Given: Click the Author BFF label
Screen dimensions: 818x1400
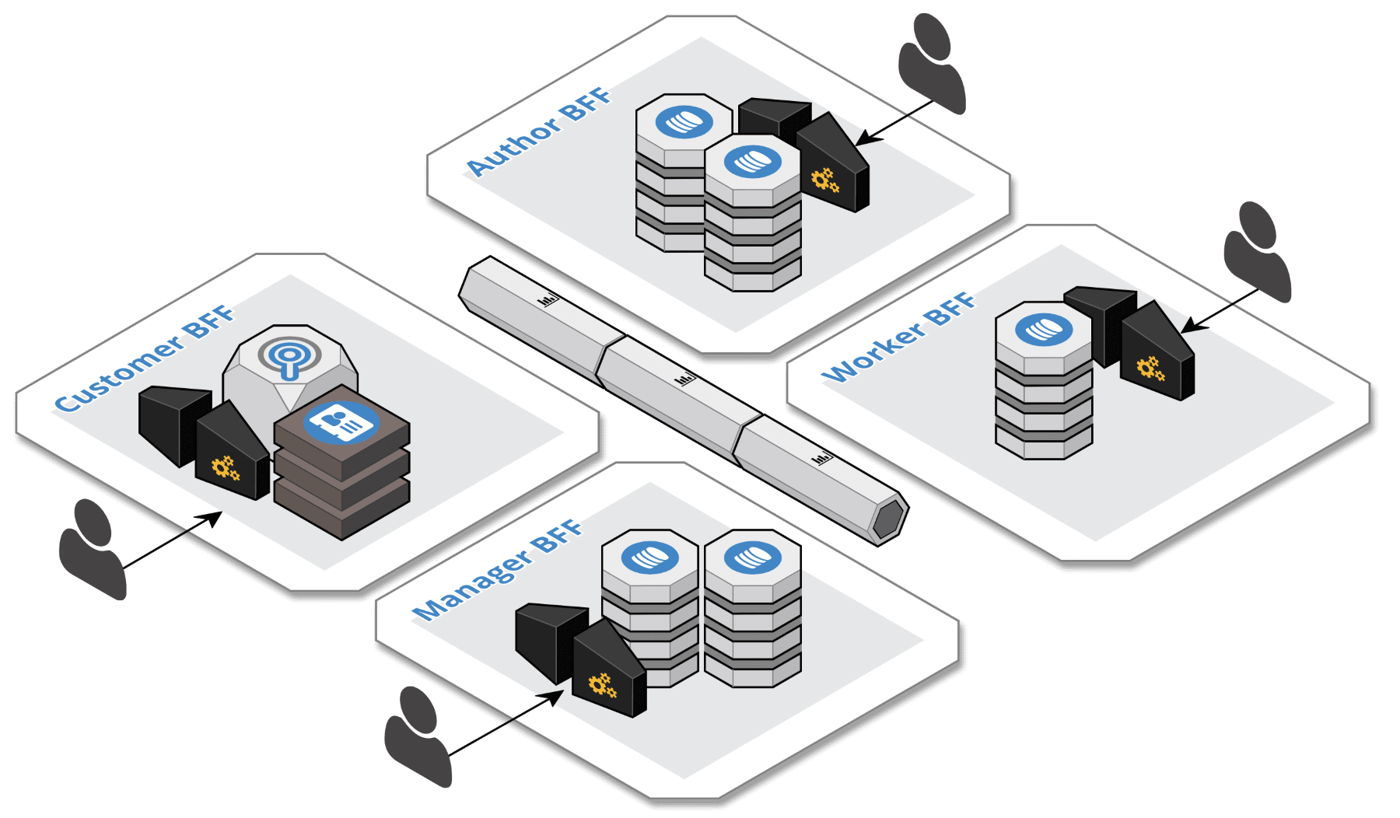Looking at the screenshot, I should tap(539, 132).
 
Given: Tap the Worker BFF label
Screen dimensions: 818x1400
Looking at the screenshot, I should tap(898, 337).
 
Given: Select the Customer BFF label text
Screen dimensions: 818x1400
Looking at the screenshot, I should tap(145, 358).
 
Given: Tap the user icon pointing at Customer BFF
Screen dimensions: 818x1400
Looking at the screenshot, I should tap(92, 548).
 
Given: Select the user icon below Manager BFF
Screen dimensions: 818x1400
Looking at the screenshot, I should tap(418, 736).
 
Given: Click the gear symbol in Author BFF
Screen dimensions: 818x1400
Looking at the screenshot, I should tap(824, 180).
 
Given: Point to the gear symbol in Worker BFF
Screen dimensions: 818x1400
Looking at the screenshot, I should tap(1150, 368).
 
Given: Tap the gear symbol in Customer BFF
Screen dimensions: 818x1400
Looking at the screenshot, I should tap(225, 468).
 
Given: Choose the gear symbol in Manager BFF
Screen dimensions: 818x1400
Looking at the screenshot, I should tap(602, 685).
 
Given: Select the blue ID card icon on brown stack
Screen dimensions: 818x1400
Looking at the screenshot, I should tap(341, 422).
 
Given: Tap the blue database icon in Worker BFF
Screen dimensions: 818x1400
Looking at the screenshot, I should tap(1044, 329).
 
